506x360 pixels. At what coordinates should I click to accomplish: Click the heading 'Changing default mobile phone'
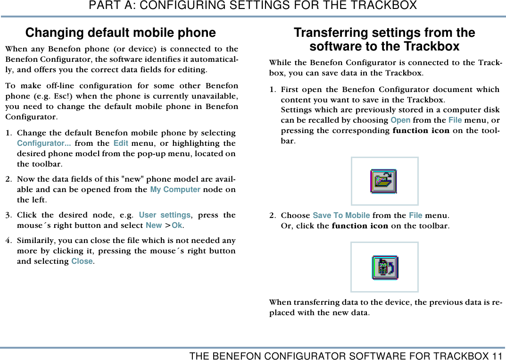[120, 33]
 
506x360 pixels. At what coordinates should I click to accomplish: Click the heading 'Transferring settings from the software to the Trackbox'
[384, 40]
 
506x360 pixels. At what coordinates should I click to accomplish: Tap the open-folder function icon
[384, 181]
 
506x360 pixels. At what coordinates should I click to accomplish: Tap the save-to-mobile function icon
[385, 267]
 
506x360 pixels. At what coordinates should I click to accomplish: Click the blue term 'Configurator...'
[44, 143]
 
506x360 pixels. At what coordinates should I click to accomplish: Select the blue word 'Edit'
[121, 143]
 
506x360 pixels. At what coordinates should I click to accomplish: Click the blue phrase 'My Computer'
[175, 190]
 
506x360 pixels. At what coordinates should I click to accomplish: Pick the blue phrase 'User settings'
[165, 215]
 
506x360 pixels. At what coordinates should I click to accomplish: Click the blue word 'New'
[154, 226]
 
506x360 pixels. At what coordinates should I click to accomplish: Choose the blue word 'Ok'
[177, 226]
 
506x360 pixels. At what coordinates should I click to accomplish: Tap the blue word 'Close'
[82, 261]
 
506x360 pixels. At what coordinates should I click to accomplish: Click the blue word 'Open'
[400, 120]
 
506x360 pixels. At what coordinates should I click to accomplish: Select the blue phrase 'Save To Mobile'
[341, 216]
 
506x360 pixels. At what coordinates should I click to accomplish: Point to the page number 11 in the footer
[497, 355]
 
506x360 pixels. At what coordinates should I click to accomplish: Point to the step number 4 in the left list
[8, 241]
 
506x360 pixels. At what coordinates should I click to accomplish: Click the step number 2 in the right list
[272, 216]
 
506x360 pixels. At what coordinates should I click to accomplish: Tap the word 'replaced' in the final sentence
[283, 312]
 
